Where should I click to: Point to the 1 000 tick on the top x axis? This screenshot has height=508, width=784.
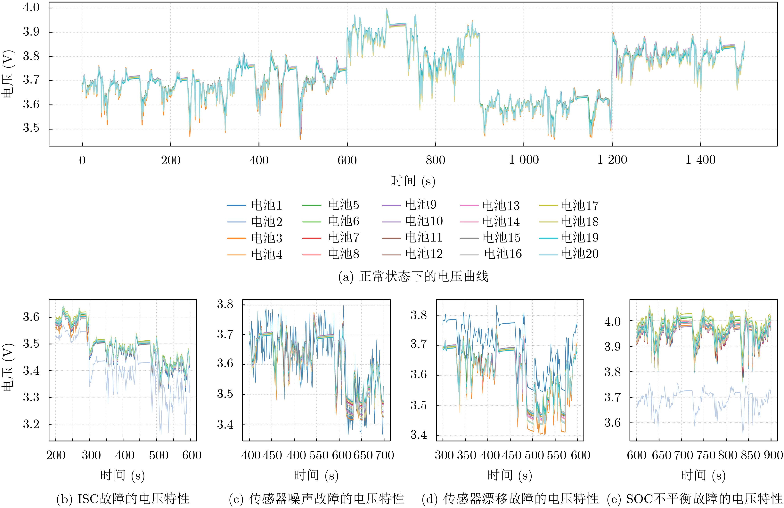pos(524,160)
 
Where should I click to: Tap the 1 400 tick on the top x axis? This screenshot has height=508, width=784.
pos(700,160)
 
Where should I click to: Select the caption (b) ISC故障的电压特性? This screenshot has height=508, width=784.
pos(123,499)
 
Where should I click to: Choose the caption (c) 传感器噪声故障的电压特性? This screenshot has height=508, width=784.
pos(316,499)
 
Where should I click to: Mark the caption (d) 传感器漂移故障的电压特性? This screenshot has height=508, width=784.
pos(510,499)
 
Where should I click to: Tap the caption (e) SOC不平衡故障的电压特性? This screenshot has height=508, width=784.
pos(694,499)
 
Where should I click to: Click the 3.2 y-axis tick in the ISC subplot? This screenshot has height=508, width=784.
pos(31,424)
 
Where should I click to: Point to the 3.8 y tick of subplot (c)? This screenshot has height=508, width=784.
pos(225,304)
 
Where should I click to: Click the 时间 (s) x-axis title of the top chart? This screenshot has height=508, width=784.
pos(413,181)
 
